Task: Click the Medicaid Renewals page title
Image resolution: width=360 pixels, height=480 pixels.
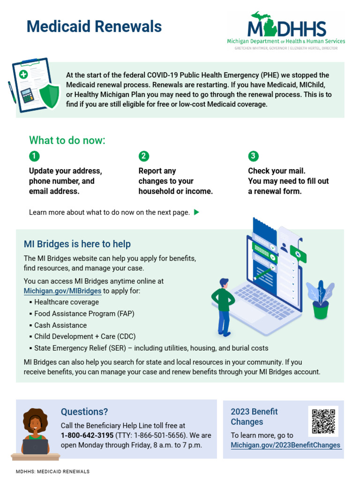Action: (94, 27)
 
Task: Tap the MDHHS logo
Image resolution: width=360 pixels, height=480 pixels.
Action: (286, 30)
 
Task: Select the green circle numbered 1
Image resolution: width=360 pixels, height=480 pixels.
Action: (34, 156)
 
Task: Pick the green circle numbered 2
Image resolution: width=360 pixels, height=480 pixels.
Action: (144, 156)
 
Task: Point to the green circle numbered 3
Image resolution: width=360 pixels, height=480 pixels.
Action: (254, 156)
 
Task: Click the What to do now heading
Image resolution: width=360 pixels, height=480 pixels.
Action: (67, 140)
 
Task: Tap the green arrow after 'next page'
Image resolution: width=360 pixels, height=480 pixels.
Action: (196, 212)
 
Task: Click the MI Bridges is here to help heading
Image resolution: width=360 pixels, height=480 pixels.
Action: (77, 244)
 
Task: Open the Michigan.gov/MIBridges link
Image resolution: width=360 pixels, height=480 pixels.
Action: (62, 291)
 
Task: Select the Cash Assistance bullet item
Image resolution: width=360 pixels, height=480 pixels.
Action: (60, 325)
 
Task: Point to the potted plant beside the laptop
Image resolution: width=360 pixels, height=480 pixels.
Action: (321, 300)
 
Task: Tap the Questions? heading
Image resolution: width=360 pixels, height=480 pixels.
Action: (84, 412)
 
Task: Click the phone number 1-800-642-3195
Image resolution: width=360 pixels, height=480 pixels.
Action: (87, 435)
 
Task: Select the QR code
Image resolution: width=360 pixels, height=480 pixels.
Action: (323, 421)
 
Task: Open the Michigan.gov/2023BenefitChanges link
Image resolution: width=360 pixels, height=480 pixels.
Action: (285, 445)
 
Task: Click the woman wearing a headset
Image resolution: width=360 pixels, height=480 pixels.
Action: (36, 431)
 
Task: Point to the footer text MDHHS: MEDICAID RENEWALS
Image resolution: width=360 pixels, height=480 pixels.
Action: (52, 472)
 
